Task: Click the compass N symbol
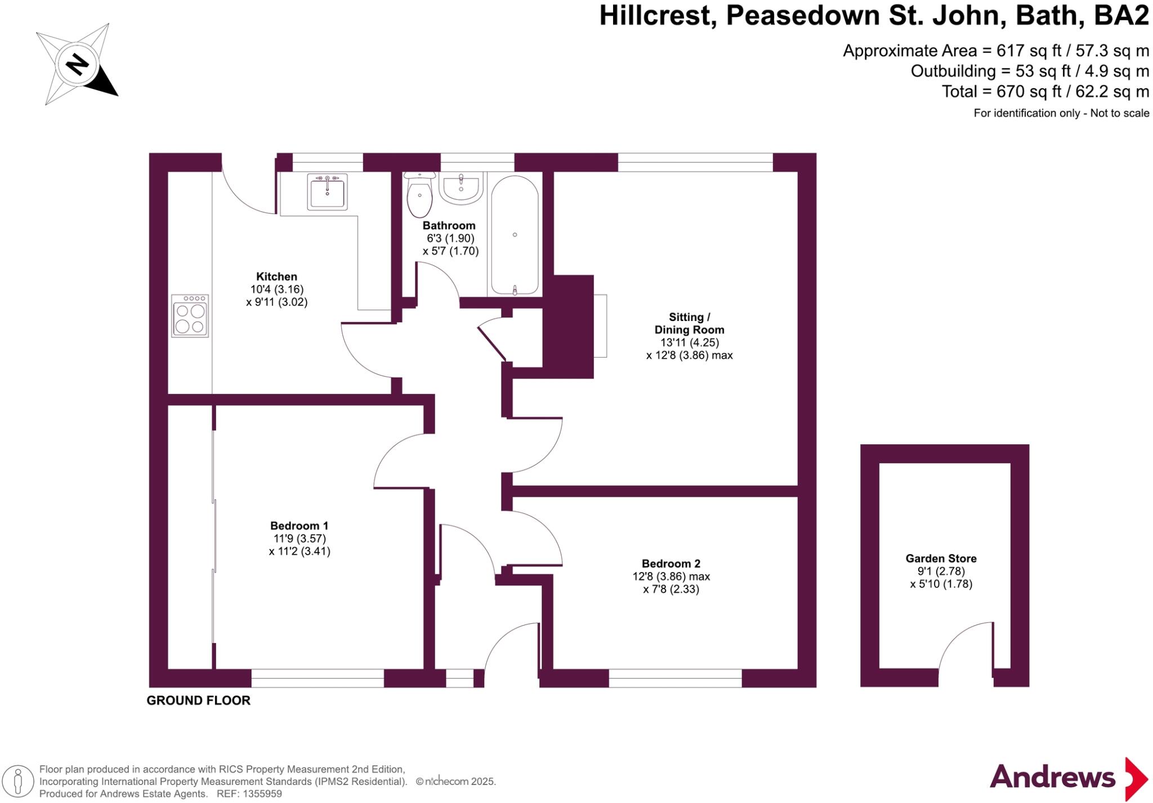pos(77,65)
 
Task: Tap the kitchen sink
pos(327,192)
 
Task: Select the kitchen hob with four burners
pos(190,316)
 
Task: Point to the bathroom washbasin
pos(461,187)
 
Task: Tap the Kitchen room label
pos(276,276)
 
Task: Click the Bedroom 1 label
pos(299,525)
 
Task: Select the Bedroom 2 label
pos(671,564)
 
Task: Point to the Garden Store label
pos(941,559)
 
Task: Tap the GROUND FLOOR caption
pos(198,701)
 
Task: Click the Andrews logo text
pos(1052,778)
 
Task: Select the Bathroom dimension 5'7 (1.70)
pos(450,251)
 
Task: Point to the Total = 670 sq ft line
pos(1045,91)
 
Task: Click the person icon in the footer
pos(18,782)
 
